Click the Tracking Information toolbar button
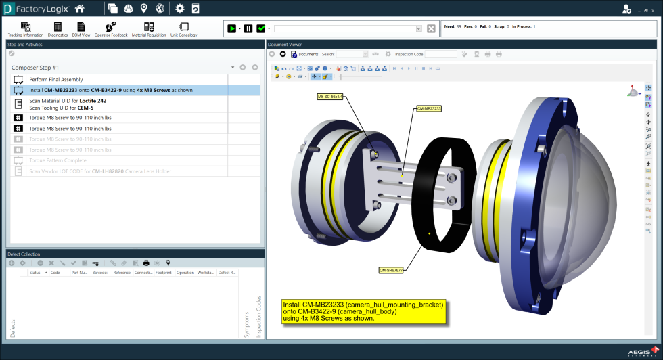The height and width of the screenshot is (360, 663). coord(26,28)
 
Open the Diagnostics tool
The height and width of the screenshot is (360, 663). coord(58,28)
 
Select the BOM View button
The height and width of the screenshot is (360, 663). coord(81,28)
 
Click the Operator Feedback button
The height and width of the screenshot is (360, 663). coord(111,28)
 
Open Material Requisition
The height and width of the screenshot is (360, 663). coord(148,28)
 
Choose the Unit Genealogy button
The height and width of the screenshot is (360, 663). coord(183,28)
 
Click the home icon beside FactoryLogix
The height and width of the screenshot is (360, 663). coord(80,9)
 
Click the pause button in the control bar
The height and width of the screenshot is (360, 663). coord(248,29)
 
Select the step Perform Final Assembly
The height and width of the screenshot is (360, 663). coord(55,80)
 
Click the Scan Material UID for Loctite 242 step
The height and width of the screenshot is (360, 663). coord(68,101)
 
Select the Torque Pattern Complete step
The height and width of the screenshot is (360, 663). coord(58,160)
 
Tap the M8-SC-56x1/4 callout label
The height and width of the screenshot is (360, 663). coord(330,97)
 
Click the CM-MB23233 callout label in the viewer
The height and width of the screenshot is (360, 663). coord(428,108)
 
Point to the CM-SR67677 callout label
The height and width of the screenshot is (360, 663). coord(391,269)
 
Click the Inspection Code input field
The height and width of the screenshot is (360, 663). coord(440,54)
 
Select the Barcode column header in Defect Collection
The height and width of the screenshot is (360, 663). coord(100,273)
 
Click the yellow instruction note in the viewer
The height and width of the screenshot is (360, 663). coord(364,311)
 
